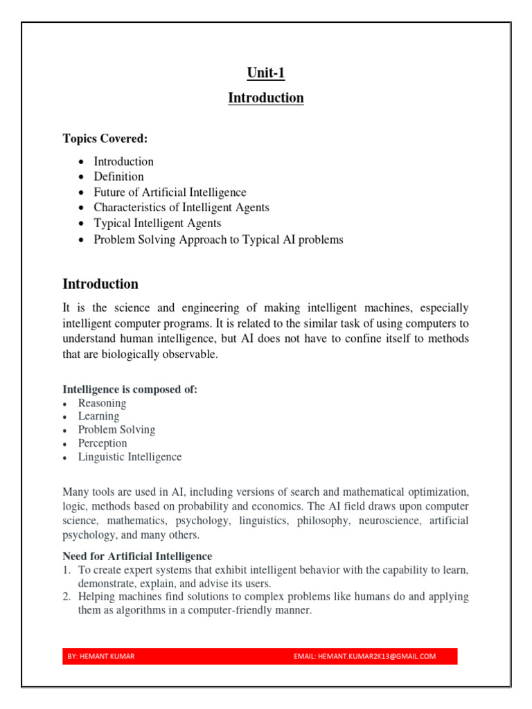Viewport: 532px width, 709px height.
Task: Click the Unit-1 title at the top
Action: (x=266, y=73)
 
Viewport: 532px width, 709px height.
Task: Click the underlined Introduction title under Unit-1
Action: (x=266, y=98)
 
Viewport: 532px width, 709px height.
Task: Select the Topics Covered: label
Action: (x=105, y=138)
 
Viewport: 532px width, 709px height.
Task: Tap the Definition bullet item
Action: (x=118, y=177)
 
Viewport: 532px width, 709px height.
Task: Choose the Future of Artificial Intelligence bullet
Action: (x=170, y=192)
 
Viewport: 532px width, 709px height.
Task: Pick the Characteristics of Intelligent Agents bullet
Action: (x=181, y=208)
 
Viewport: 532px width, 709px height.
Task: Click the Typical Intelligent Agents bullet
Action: (x=157, y=224)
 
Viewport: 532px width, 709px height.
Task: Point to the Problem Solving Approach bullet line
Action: (x=218, y=240)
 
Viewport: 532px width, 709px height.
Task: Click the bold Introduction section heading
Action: (x=100, y=284)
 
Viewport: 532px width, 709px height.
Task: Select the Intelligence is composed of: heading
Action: (x=130, y=390)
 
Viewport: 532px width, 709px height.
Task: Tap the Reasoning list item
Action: (x=102, y=403)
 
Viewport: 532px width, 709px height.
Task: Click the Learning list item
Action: (x=98, y=416)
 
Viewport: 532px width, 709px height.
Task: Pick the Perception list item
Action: (x=103, y=443)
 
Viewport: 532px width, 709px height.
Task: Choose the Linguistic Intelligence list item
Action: (x=130, y=457)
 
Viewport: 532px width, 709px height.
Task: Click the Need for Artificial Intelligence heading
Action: (x=137, y=556)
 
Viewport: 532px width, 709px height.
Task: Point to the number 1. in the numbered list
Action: (x=67, y=570)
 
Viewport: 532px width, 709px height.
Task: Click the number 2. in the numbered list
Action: (x=67, y=597)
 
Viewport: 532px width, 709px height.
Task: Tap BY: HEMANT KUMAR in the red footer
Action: (x=96, y=656)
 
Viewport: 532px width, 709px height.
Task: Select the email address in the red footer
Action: (x=365, y=656)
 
